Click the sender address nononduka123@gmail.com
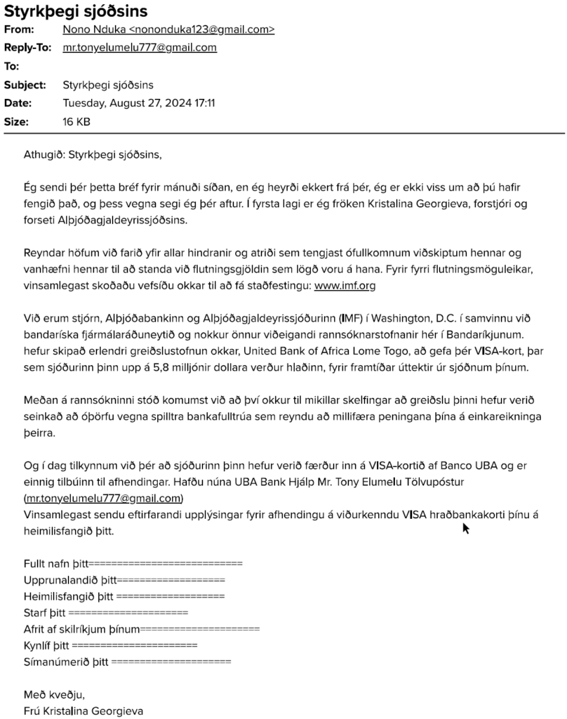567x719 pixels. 168,29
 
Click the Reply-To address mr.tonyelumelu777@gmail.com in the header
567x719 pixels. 140,48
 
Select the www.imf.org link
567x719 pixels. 345,285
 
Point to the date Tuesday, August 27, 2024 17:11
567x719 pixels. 139,103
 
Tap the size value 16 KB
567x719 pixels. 76,122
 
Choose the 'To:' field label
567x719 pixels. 12,67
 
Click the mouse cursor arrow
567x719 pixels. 465,527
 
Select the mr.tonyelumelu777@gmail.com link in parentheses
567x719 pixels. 103,499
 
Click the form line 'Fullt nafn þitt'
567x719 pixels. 133,563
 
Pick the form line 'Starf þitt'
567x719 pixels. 106,612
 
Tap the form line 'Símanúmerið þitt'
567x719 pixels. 127,661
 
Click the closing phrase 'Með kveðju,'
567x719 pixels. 54,694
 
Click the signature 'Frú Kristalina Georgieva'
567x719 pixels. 84,711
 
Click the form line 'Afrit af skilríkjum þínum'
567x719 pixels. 141,628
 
